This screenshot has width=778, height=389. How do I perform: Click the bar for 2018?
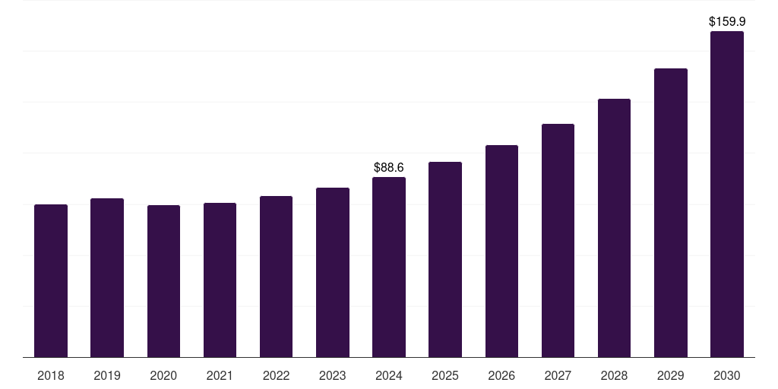(x=51, y=280)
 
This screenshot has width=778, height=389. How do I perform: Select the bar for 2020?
(x=163, y=281)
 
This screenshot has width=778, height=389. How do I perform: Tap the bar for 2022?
(x=276, y=277)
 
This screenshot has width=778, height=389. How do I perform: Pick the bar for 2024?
(x=389, y=267)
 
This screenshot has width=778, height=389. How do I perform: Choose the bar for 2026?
(x=501, y=251)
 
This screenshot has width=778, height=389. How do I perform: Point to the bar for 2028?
(x=614, y=228)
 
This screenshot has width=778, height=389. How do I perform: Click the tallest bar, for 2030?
(x=726, y=194)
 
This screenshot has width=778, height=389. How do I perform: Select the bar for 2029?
(x=670, y=213)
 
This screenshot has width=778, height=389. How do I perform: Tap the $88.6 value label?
(x=389, y=167)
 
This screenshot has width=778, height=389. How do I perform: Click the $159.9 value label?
(x=726, y=22)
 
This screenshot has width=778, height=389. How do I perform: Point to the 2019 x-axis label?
(x=107, y=375)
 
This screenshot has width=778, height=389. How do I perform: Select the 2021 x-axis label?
(x=220, y=375)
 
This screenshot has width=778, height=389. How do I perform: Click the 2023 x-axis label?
(x=332, y=375)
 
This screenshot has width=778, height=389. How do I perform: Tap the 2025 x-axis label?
(x=445, y=375)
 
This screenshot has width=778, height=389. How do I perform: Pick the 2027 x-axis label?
(x=558, y=375)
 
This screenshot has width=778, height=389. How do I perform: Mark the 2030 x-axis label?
(x=726, y=375)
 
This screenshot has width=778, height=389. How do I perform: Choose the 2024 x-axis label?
(x=389, y=375)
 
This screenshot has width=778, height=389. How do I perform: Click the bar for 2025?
(x=445, y=259)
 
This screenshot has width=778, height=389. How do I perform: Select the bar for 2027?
(x=558, y=240)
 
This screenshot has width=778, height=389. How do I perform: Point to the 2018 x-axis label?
(x=51, y=375)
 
